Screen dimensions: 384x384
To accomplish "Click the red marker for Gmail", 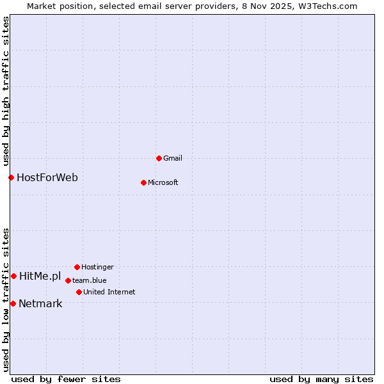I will coord(159,158).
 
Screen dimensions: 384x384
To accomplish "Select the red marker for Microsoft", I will coord(143,182).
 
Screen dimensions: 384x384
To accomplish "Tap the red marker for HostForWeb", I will coord(11,177).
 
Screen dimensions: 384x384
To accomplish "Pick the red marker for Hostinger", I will coord(77,267).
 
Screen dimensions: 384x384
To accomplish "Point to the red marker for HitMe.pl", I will coord(13,276).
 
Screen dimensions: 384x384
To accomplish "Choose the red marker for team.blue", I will coord(68,280).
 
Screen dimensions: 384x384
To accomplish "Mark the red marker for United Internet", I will coord(79,292).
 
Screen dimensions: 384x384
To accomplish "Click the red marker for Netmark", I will coord(13,303).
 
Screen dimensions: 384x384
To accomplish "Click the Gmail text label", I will coord(173,158).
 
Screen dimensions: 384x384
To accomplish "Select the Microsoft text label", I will coord(163,182).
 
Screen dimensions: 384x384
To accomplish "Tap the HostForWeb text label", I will coord(47,177).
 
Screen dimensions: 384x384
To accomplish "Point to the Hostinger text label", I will coord(97,267).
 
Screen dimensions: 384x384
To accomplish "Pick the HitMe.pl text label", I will coord(40,276).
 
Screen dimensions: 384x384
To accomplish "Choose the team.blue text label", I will coord(90,280).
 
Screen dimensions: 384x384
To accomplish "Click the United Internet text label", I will coord(109,292).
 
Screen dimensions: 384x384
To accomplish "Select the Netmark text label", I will coord(40,303).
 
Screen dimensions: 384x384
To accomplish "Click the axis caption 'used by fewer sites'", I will coord(66,379).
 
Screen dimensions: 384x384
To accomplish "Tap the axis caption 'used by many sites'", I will coord(321,379).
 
